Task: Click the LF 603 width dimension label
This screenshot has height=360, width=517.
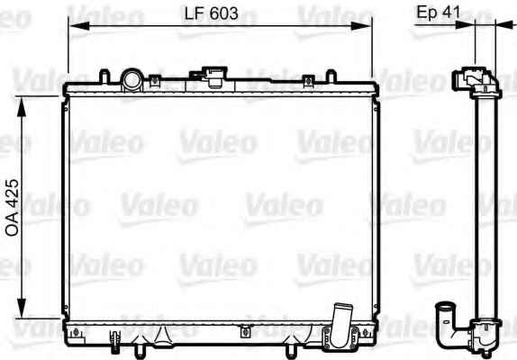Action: point(211,13)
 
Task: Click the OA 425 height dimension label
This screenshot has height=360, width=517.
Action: point(13,208)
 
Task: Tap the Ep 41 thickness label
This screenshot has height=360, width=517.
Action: point(439,13)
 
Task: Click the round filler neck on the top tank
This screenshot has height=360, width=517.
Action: point(132,80)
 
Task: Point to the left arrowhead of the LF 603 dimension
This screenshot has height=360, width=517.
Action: point(78,26)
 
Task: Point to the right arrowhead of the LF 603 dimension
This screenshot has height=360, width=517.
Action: point(361,26)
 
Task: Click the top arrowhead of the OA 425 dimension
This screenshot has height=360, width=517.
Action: point(22,107)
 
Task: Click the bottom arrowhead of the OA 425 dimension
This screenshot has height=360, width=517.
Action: point(22,308)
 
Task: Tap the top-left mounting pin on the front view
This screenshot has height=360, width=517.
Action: point(104,76)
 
